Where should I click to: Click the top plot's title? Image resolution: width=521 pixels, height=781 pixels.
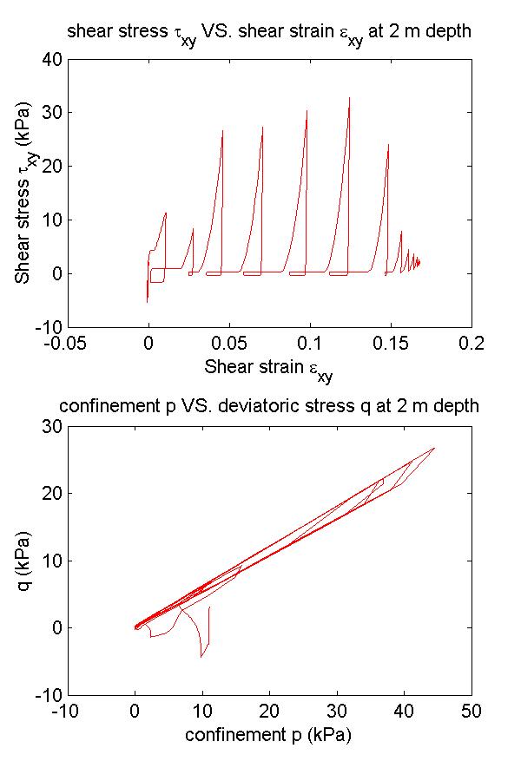269,34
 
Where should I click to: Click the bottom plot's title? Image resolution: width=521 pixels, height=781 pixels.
269,406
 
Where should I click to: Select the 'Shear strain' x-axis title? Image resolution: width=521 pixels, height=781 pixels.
269,367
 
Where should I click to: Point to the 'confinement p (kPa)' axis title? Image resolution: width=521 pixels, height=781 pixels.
269,735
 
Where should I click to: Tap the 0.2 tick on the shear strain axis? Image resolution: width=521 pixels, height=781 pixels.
472,342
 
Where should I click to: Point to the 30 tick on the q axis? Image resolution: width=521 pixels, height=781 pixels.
50,426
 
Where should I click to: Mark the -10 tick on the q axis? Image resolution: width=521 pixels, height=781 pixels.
47,695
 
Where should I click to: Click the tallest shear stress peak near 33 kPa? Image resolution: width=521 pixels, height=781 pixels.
349,97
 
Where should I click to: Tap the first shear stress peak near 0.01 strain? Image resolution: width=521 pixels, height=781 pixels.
166,213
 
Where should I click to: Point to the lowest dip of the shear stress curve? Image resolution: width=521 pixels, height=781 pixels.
148,302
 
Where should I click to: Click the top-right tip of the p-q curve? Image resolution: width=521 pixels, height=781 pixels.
434,448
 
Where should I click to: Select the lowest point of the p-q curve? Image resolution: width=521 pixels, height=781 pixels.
201,657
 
